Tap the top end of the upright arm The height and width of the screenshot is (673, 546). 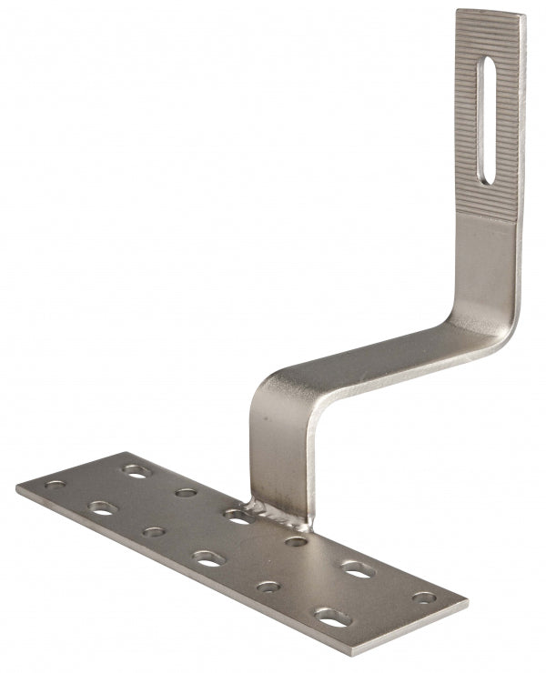(490, 15)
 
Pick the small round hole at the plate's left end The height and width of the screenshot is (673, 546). (56, 485)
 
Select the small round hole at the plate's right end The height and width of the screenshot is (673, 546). (425, 598)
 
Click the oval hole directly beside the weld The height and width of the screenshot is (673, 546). (238, 517)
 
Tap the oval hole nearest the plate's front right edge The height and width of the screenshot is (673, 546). (332, 618)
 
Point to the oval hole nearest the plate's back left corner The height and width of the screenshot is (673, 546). (136, 471)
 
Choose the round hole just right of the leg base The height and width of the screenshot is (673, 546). (296, 542)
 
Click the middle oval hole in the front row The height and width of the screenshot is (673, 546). (208, 559)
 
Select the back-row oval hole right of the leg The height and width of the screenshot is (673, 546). (357, 570)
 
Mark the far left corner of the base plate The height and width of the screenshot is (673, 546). (18, 488)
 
